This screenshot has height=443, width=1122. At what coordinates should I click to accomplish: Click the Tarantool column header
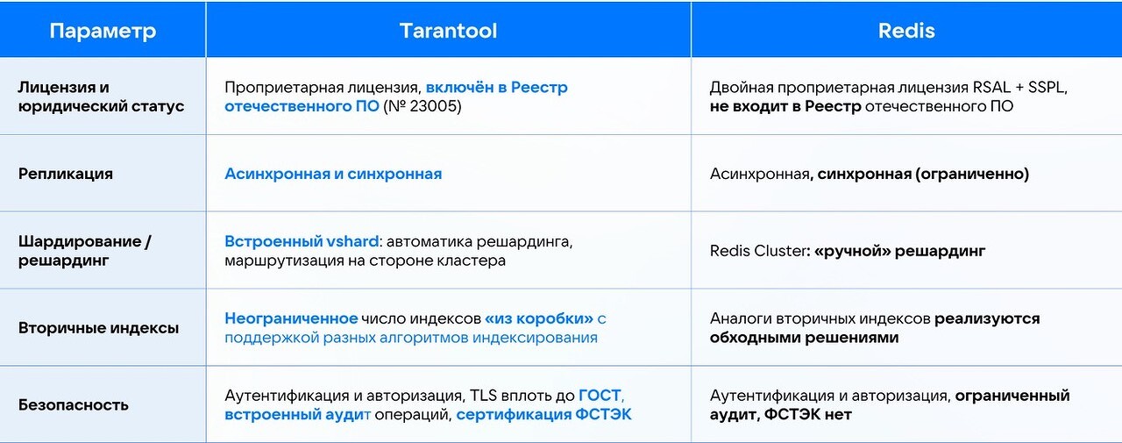(448, 31)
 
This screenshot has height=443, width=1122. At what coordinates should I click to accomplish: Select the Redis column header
(906, 31)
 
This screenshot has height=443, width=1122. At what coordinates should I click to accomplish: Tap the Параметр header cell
(103, 31)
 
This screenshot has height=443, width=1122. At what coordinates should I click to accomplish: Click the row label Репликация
(66, 174)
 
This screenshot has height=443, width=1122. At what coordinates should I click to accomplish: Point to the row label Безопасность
(74, 405)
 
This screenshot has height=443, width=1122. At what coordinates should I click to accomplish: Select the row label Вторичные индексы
(99, 328)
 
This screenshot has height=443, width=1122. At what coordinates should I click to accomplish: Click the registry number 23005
(435, 106)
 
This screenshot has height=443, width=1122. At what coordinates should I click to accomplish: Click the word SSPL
(1047, 87)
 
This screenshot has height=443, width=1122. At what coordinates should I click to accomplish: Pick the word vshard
(352, 241)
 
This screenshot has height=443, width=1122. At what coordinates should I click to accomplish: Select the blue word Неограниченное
(291, 318)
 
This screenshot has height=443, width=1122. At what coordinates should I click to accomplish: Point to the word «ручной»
(853, 251)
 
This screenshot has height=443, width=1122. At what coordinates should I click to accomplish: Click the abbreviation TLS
(483, 396)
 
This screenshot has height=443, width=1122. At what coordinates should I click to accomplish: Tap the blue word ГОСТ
(600, 396)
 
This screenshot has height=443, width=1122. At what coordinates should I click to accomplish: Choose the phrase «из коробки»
(539, 318)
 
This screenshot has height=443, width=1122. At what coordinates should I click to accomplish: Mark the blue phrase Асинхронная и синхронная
(333, 174)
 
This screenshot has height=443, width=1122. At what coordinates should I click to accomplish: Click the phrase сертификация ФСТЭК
(544, 415)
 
